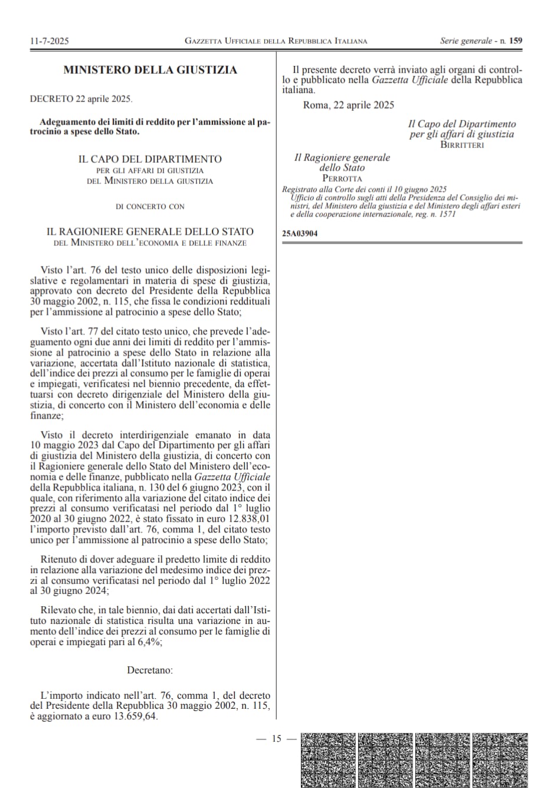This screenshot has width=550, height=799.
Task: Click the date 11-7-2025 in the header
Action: click(49, 41)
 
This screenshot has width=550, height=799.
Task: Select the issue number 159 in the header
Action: click(515, 41)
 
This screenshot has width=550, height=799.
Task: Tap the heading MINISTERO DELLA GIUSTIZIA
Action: click(150, 70)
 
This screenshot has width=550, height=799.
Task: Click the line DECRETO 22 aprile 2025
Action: click(81, 99)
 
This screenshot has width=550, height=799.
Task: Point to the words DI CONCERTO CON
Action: click(150, 206)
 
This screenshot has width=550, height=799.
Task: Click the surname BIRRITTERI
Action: click(462, 144)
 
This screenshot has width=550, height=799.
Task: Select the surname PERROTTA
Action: click(342, 178)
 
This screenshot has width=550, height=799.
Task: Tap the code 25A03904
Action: click(300, 234)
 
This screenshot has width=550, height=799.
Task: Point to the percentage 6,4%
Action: click(149, 642)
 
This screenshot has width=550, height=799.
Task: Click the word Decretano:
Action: click(150, 670)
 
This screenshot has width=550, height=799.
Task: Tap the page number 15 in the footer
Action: click(276, 738)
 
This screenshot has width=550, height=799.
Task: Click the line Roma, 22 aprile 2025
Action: click(348, 105)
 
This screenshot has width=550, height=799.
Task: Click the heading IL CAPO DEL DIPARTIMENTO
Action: click(150, 159)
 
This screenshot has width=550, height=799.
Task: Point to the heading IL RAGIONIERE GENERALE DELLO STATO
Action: click(150, 232)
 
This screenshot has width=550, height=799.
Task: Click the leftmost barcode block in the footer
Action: click(328, 760)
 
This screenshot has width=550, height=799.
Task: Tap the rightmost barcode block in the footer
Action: click(500, 760)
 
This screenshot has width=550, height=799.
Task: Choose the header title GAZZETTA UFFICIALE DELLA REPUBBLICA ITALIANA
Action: click(276, 41)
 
